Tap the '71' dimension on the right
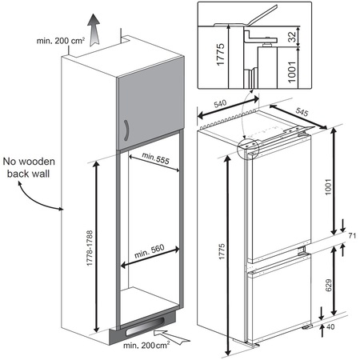click(x=350, y=235)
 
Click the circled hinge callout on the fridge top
click(x=250, y=147)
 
